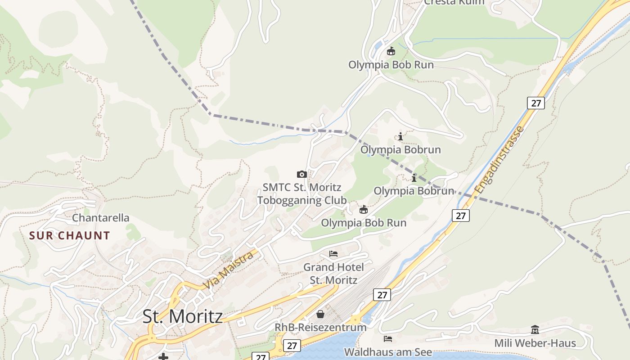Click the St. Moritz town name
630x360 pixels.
click(x=182, y=316)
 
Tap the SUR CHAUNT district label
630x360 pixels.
click(x=69, y=235)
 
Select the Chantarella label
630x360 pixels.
click(x=100, y=218)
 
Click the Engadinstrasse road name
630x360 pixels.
click(x=499, y=160)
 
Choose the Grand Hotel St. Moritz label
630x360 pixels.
click(x=333, y=273)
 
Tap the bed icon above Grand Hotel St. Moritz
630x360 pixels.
click(x=333, y=254)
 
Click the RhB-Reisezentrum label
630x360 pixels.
click(x=320, y=327)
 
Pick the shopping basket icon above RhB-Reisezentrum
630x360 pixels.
click(x=320, y=314)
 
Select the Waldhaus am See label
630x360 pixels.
click(x=388, y=352)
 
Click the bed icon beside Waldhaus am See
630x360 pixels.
click(x=388, y=338)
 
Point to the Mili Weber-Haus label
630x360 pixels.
click(x=535, y=343)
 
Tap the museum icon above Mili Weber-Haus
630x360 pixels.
click(x=535, y=329)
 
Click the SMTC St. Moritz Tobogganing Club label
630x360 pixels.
click(x=302, y=193)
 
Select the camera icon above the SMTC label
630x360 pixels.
click(x=302, y=174)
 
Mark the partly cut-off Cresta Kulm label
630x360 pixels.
click(x=454, y=2)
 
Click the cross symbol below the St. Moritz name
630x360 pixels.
click(x=163, y=357)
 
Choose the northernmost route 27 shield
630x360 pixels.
click(x=535, y=103)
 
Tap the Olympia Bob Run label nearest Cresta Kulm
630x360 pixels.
click(x=391, y=65)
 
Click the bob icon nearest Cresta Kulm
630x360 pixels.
click(x=391, y=51)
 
